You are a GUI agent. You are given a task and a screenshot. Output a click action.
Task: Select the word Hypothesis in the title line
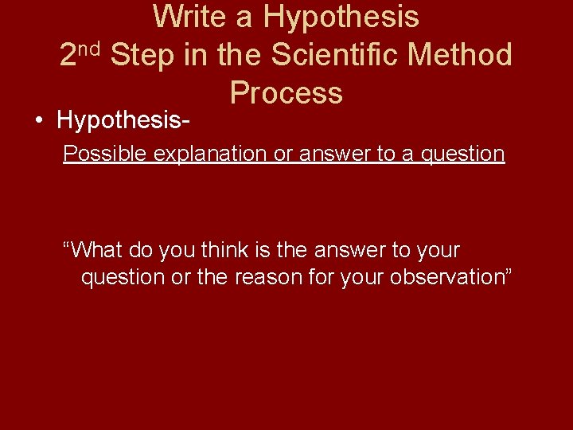pyautogui.click(x=341, y=17)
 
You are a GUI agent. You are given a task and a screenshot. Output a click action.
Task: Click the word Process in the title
pyautogui.click(x=286, y=93)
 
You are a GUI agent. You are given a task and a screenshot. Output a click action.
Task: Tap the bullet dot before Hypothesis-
pyautogui.click(x=39, y=121)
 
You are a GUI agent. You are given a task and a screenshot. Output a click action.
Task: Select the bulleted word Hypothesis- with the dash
pyautogui.click(x=123, y=121)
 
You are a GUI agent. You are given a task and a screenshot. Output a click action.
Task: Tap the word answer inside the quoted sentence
pyautogui.click(x=348, y=250)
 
